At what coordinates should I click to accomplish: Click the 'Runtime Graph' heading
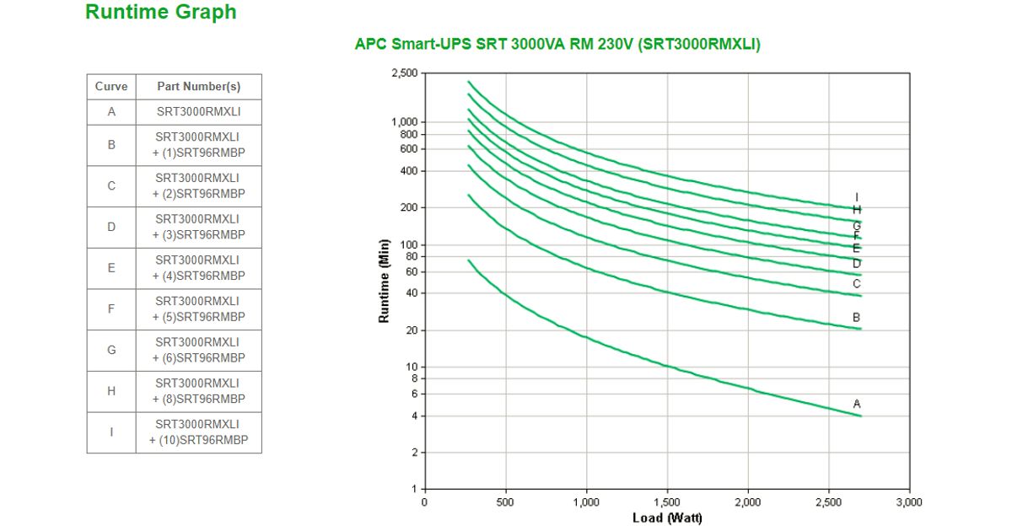[161, 13]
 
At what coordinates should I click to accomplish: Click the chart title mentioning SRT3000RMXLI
[557, 45]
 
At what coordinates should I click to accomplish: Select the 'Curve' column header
[111, 87]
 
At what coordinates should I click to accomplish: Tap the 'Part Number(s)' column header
[199, 87]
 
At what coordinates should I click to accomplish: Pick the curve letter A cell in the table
[111, 112]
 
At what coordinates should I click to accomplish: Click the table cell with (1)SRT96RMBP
[199, 145]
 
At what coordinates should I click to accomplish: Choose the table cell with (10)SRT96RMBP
[199, 432]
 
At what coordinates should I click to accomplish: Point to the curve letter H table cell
[111, 391]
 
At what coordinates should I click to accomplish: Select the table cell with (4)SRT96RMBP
[199, 268]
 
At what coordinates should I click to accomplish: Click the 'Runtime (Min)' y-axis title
[385, 281]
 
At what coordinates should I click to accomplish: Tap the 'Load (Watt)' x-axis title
[667, 518]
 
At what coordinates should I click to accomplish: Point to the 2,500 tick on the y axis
[405, 73]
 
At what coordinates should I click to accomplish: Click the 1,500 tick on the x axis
[667, 502]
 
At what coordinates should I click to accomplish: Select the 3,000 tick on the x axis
[909, 502]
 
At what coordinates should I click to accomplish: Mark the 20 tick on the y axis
[412, 330]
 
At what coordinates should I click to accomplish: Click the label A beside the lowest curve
[857, 404]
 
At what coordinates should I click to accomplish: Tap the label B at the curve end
[857, 318]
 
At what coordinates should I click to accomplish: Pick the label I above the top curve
[857, 197]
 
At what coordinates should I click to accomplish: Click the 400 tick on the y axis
[409, 171]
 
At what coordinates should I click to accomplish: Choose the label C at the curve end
[857, 284]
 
